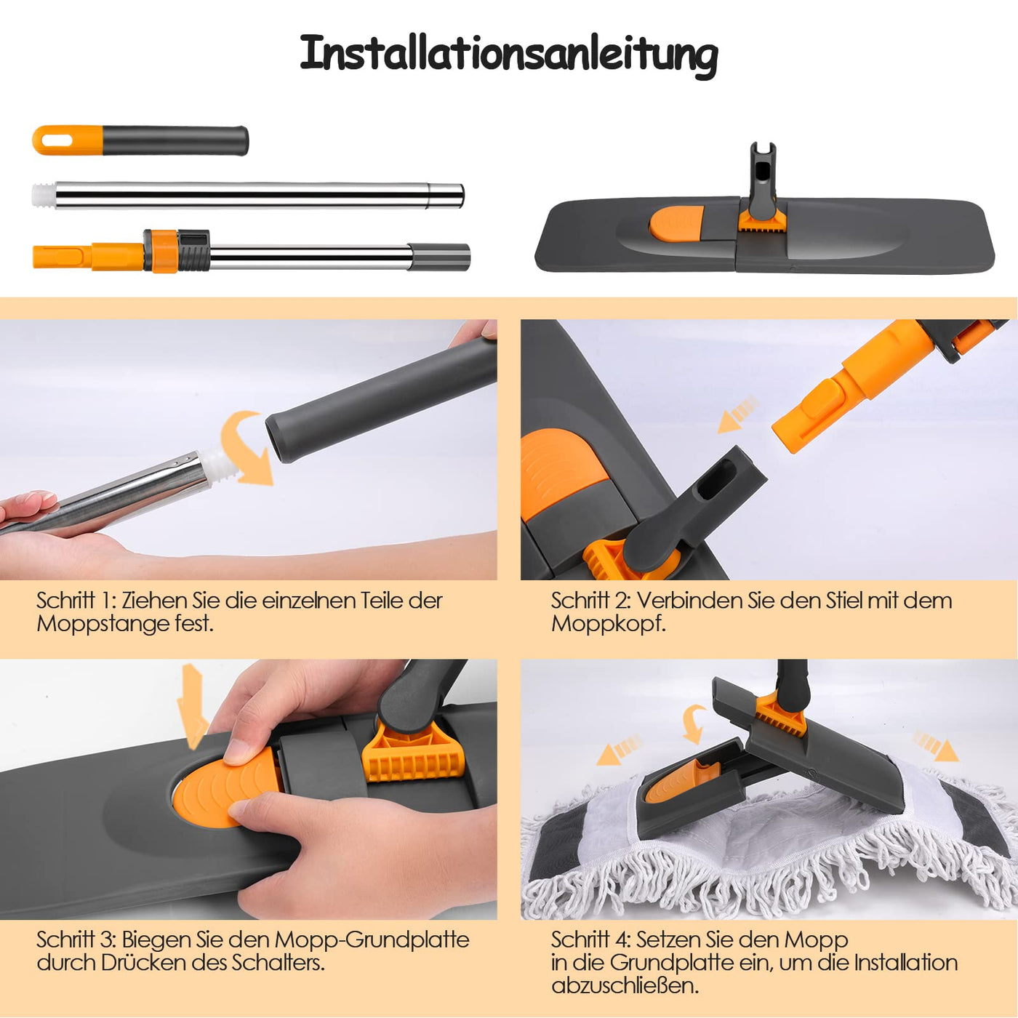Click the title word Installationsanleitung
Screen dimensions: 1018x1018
(509, 54)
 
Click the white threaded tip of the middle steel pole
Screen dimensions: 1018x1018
(43, 196)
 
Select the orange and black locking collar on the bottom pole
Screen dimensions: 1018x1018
(176, 251)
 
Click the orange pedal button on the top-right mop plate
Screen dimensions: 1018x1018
(676, 223)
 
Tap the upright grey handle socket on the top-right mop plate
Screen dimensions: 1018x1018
(762, 178)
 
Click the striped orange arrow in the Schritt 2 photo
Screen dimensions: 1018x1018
(738, 414)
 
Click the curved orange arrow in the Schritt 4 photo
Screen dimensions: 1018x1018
(694, 724)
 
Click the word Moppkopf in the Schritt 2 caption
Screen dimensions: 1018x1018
(608, 624)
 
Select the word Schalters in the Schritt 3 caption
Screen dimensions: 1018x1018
(277, 963)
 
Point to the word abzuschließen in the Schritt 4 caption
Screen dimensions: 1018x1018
(625, 986)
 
